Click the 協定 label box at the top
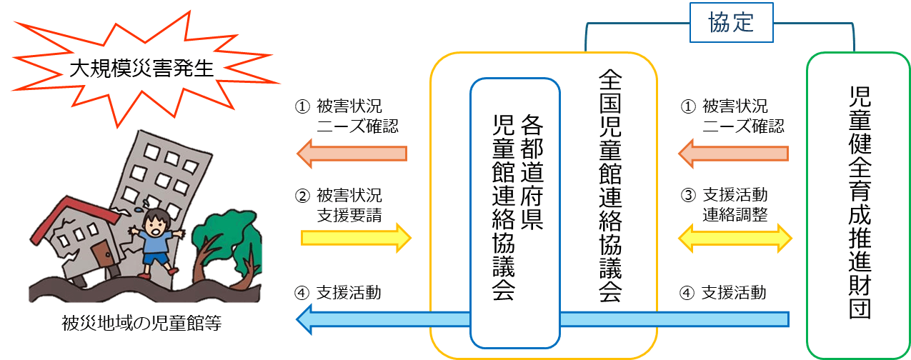[x=732, y=23]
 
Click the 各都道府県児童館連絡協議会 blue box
[x=514, y=211]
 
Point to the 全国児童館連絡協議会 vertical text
[x=609, y=186]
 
